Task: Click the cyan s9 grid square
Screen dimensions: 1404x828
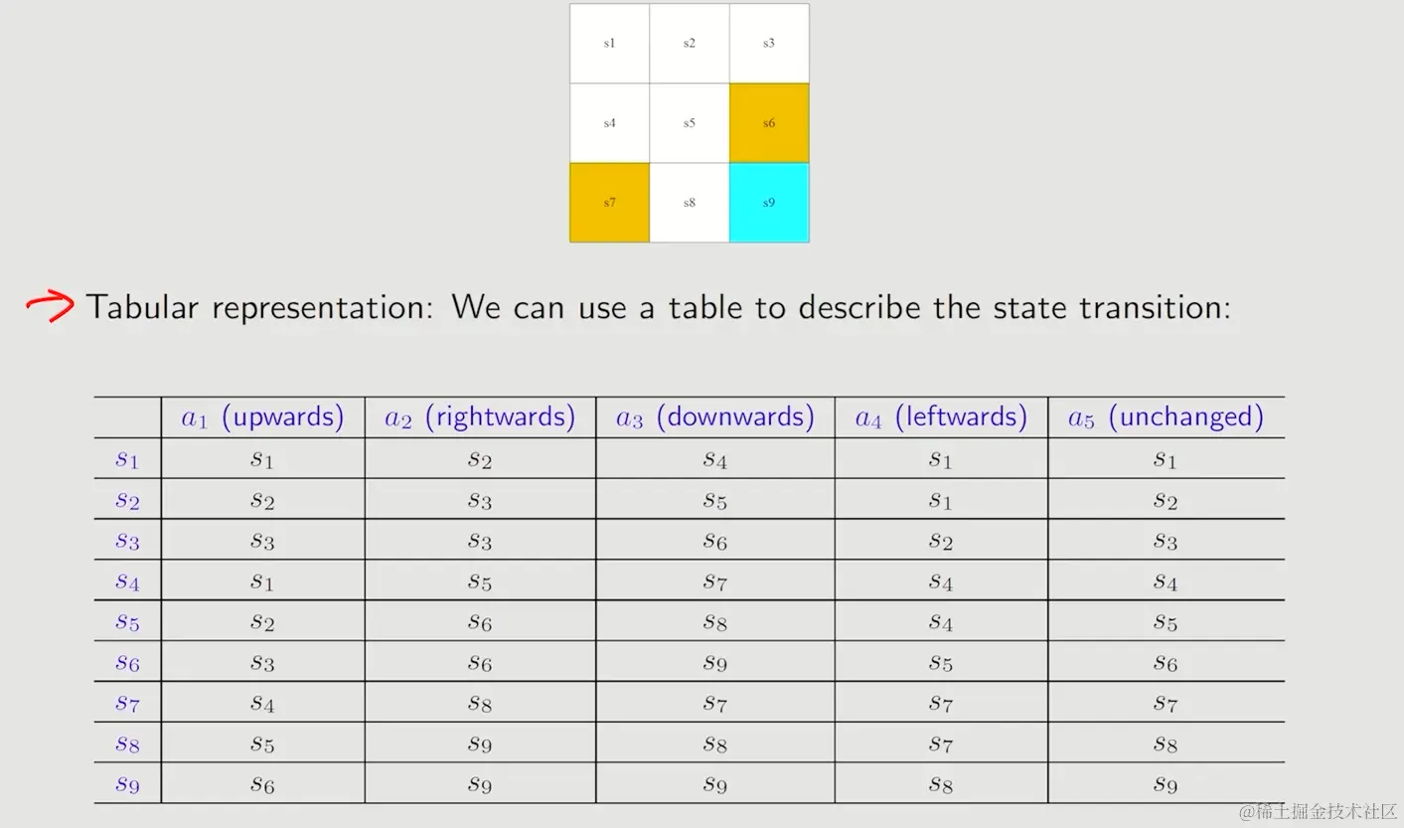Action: coord(769,203)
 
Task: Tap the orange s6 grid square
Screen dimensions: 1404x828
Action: coord(769,123)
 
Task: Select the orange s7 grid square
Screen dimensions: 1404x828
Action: coord(609,203)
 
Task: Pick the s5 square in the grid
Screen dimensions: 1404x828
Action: coord(690,123)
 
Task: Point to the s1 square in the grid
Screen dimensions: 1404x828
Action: coord(609,44)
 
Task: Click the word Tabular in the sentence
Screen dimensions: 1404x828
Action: coord(142,307)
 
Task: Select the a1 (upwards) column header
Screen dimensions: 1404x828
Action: coord(262,416)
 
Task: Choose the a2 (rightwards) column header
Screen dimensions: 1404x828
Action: coord(480,416)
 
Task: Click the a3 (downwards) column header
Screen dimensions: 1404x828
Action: coord(715,416)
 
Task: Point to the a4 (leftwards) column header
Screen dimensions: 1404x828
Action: coord(941,416)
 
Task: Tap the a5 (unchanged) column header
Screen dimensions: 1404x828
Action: coord(1166,416)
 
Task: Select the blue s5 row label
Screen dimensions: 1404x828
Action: coord(127,622)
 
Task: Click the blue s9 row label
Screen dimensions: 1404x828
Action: coord(127,784)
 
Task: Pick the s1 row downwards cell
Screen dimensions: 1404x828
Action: coord(715,460)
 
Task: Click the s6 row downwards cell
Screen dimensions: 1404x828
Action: coord(715,663)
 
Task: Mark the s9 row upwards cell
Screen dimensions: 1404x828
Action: coord(262,784)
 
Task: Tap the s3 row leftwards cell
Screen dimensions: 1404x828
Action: coord(941,541)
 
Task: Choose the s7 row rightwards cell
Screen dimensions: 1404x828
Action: coord(480,704)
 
